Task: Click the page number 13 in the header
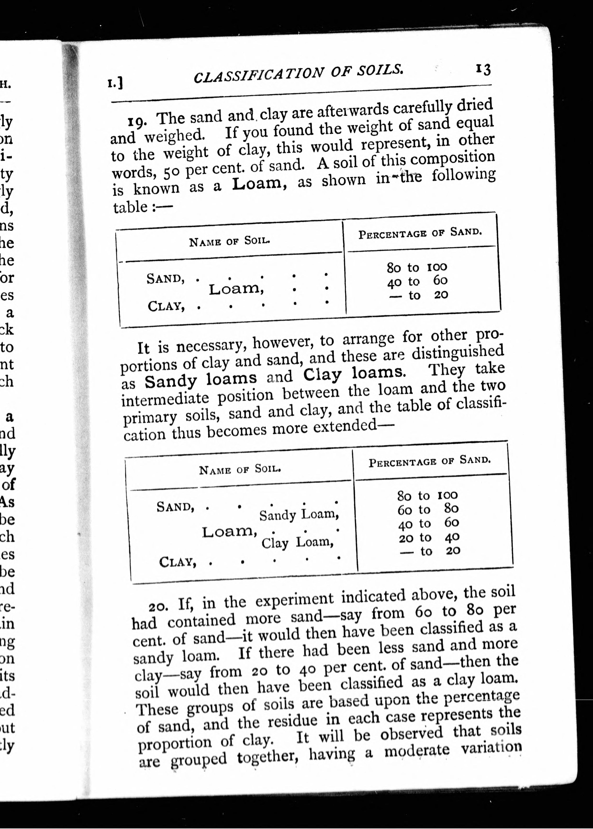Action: [x=483, y=69]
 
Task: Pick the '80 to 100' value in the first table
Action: [x=417, y=267]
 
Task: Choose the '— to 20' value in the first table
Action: [x=419, y=295]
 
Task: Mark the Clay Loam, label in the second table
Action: [x=297, y=543]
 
